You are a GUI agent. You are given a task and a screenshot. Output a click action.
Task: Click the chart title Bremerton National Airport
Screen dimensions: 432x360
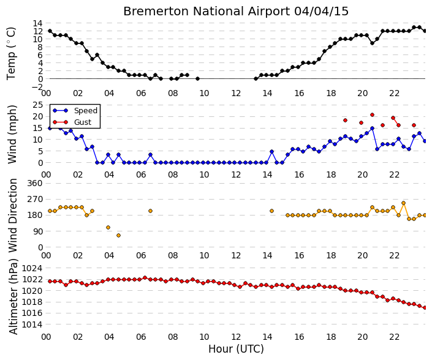(x=207, y=11)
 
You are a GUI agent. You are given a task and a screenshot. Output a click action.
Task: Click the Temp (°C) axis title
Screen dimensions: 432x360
(x=11, y=53)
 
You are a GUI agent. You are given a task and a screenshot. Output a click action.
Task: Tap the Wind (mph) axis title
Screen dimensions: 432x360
(x=12, y=135)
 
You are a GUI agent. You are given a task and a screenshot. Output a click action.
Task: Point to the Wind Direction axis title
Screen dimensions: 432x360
(x=13, y=216)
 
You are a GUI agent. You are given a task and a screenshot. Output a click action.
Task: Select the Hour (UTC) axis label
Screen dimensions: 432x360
(x=236, y=349)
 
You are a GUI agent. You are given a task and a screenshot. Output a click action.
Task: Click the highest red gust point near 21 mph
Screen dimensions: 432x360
(x=372, y=114)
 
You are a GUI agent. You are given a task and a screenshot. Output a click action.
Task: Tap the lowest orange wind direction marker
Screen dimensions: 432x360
(x=118, y=235)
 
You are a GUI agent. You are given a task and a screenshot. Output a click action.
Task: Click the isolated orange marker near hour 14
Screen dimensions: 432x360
(x=271, y=211)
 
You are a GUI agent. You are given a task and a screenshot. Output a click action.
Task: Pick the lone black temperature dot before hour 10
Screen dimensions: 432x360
(x=197, y=79)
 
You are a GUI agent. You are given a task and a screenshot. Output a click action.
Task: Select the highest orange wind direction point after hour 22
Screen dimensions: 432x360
(x=404, y=203)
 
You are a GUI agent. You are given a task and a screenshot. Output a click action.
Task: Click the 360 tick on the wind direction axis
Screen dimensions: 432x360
(x=35, y=183)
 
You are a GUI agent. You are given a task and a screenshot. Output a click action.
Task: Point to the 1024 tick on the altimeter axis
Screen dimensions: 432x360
(x=32, y=268)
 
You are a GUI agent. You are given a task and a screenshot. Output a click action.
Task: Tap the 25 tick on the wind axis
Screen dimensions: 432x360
(x=38, y=105)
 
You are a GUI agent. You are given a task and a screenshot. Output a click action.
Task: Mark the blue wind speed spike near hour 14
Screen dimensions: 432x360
(x=271, y=152)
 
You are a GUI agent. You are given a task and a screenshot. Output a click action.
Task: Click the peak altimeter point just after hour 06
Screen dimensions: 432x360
(x=145, y=278)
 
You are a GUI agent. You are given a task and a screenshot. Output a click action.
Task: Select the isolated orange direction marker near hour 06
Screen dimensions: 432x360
(x=150, y=211)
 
